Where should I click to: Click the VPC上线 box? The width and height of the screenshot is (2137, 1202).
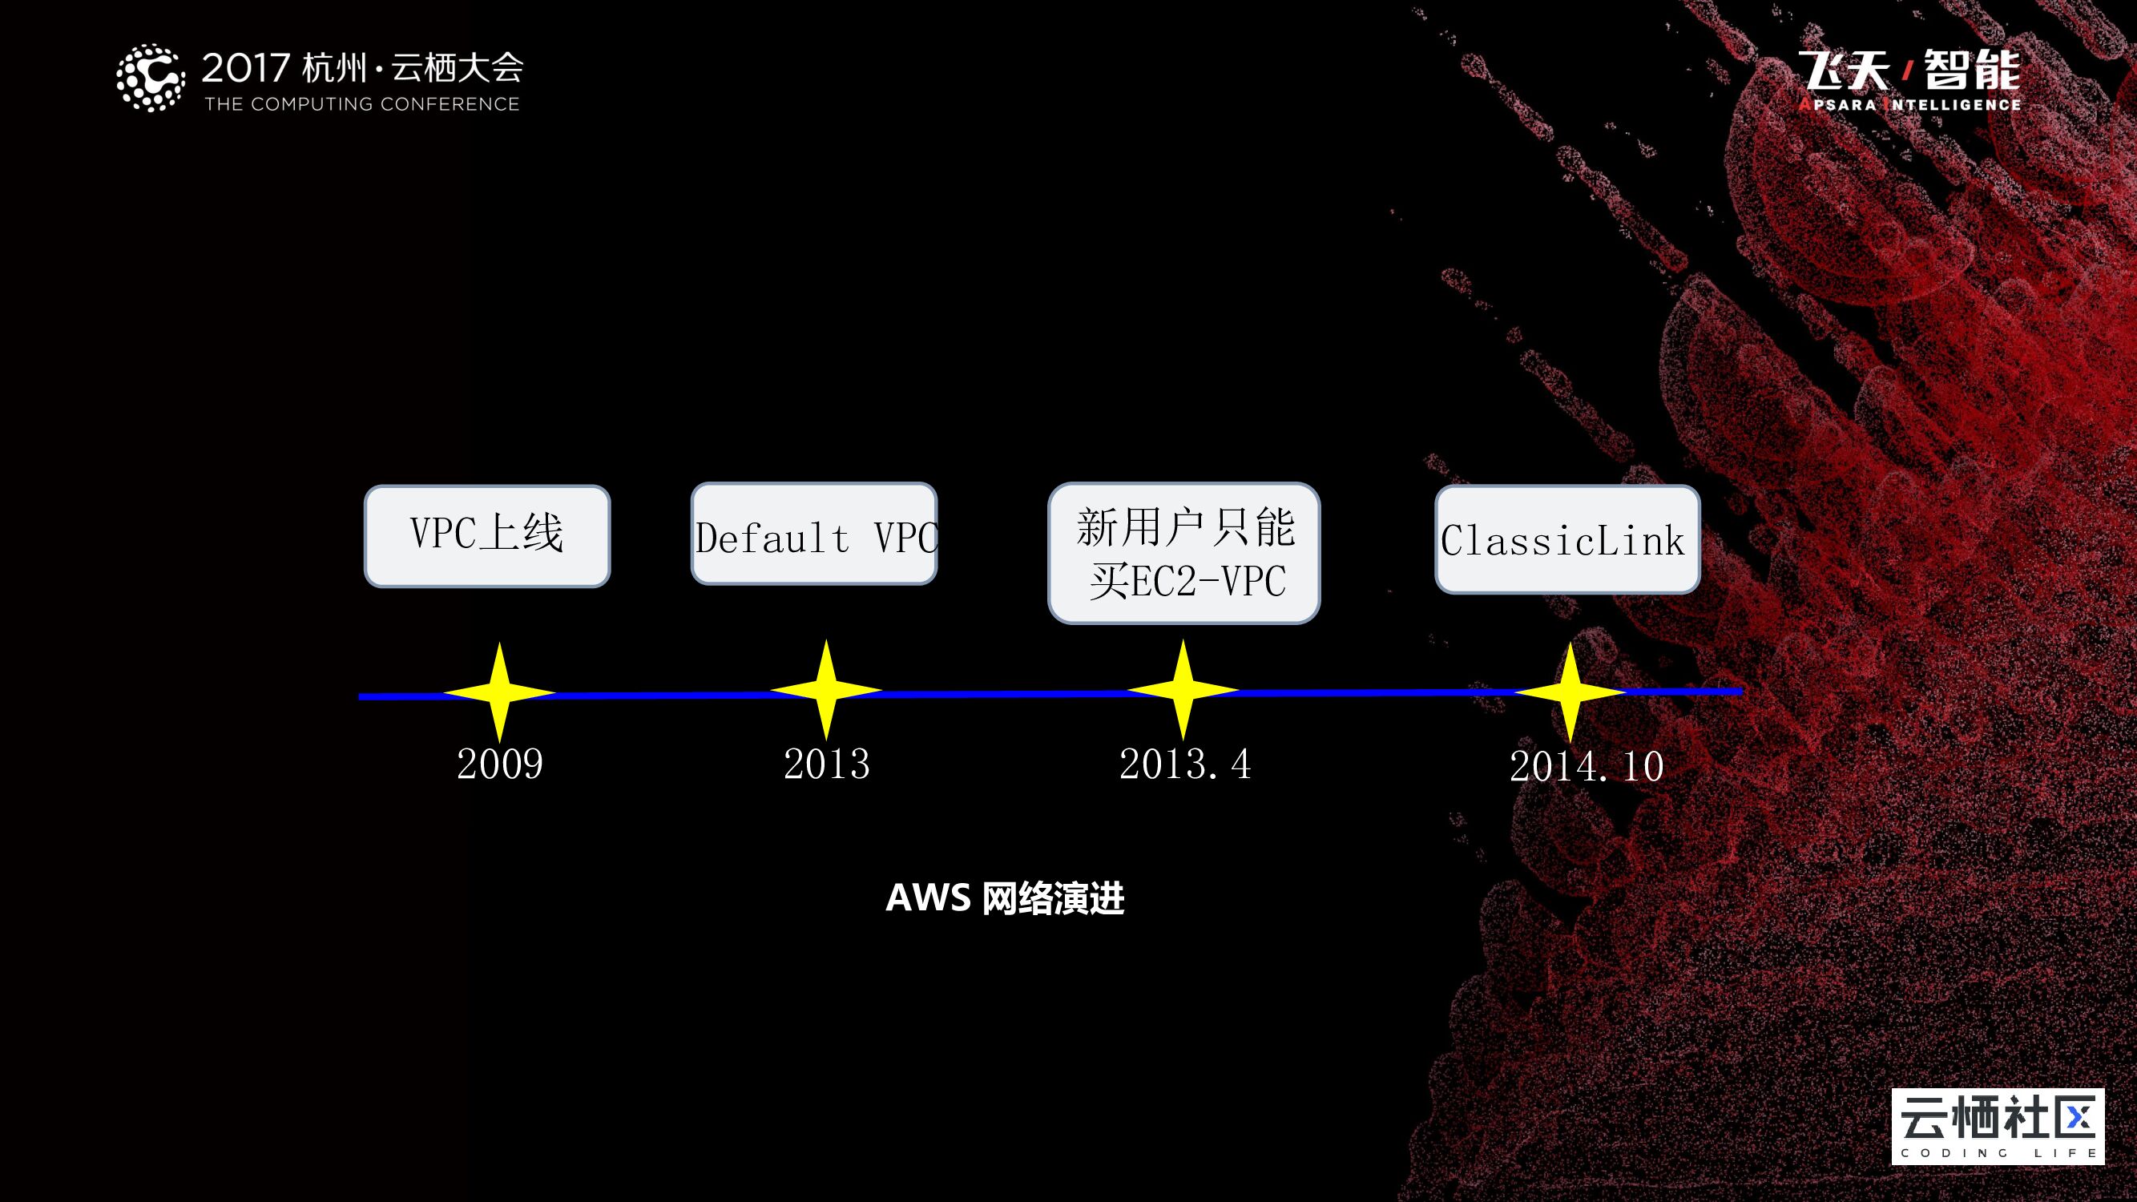pos(487,536)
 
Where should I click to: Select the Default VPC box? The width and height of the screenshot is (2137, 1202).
pos(814,534)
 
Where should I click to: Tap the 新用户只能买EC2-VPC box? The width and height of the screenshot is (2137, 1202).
pos(1183,552)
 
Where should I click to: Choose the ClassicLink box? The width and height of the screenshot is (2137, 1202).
pos(1567,539)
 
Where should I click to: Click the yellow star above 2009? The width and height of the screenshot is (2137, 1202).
pos(499,692)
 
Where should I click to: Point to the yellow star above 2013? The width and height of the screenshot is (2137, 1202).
pos(826,690)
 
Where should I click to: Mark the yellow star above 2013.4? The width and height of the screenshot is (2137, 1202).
pos(1183,690)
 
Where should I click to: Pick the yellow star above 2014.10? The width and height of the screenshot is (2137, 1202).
pos(1570,692)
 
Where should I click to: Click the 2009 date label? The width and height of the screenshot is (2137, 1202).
pos(499,764)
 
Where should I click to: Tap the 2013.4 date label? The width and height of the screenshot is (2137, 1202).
pos(1184,764)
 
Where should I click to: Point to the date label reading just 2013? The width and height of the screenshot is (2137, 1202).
pos(826,764)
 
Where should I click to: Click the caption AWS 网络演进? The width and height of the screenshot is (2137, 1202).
pos(1005,898)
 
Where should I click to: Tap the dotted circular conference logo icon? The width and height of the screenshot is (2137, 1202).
pos(150,77)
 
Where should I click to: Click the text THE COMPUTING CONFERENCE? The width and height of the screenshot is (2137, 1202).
pos(361,104)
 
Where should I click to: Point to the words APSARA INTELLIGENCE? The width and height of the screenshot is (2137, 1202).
pos(1909,105)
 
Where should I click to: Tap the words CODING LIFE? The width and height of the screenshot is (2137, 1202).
pos(1998,1153)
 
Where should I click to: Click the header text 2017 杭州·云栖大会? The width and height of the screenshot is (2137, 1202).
pos(362,67)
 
